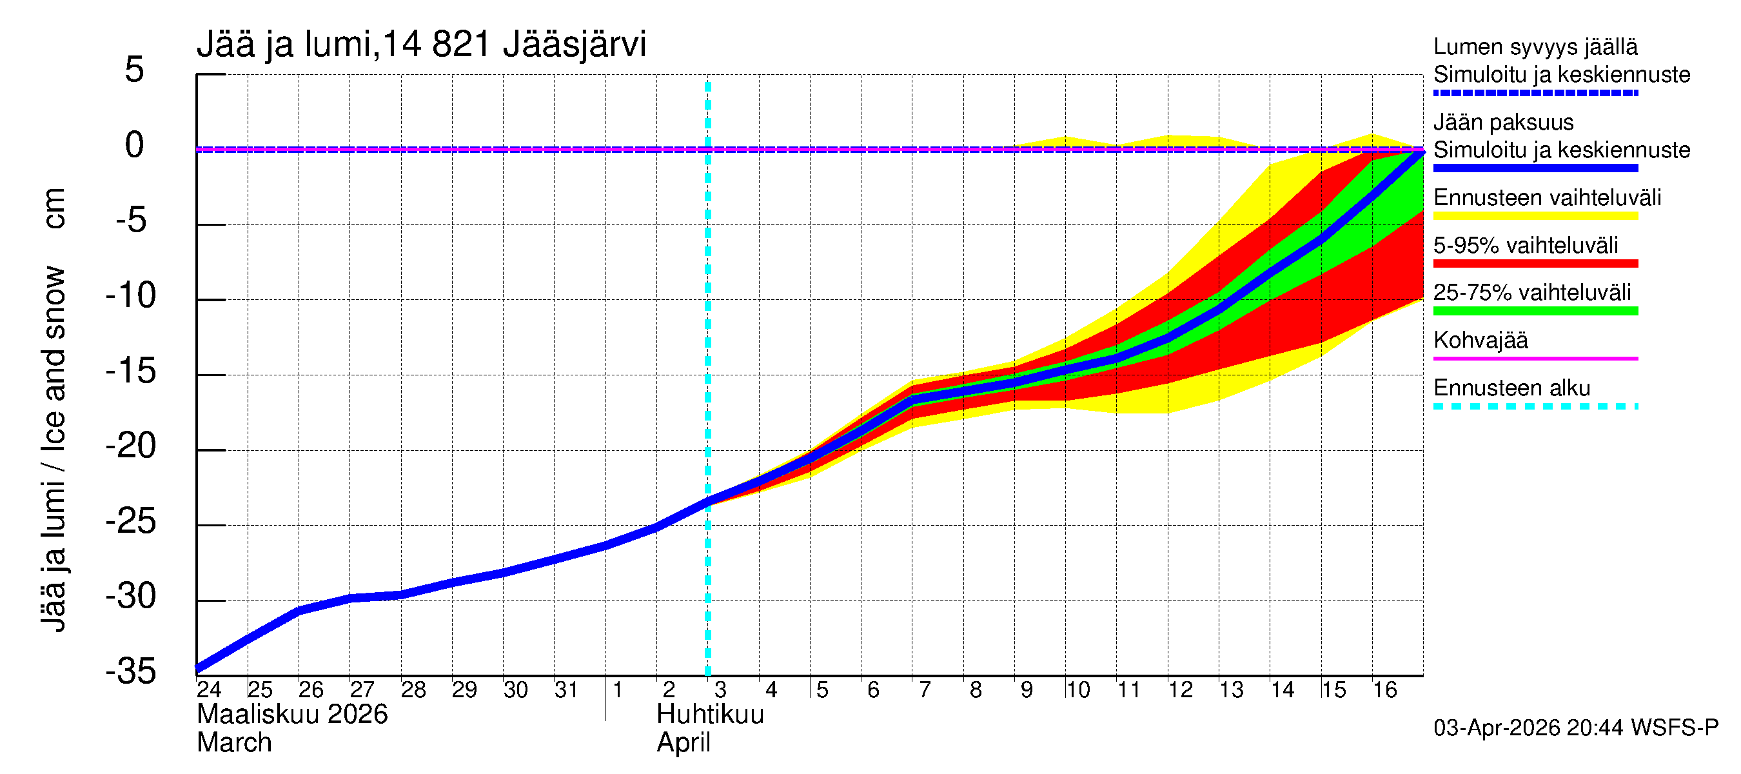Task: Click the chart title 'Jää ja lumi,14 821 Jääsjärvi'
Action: [421, 45]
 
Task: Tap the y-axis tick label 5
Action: [135, 70]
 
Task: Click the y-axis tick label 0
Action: [135, 145]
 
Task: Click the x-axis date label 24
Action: [209, 690]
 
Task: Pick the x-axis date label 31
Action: [566, 690]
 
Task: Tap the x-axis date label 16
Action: [1384, 690]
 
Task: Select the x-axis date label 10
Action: [1077, 690]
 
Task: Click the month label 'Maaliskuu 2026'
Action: [292, 715]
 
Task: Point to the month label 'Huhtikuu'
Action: [710, 715]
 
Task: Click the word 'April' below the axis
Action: [684, 743]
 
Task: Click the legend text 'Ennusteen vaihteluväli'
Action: [1547, 198]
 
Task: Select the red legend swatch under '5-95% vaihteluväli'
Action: [1535, 264]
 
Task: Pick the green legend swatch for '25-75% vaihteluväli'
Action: [1535, 311]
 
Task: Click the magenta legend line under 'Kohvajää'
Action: [1535, 358]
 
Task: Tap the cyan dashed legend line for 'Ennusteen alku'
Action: [1535, 406]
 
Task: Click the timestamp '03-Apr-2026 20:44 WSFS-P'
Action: [1575, 728]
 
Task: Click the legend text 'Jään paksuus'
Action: [1503, 123]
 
